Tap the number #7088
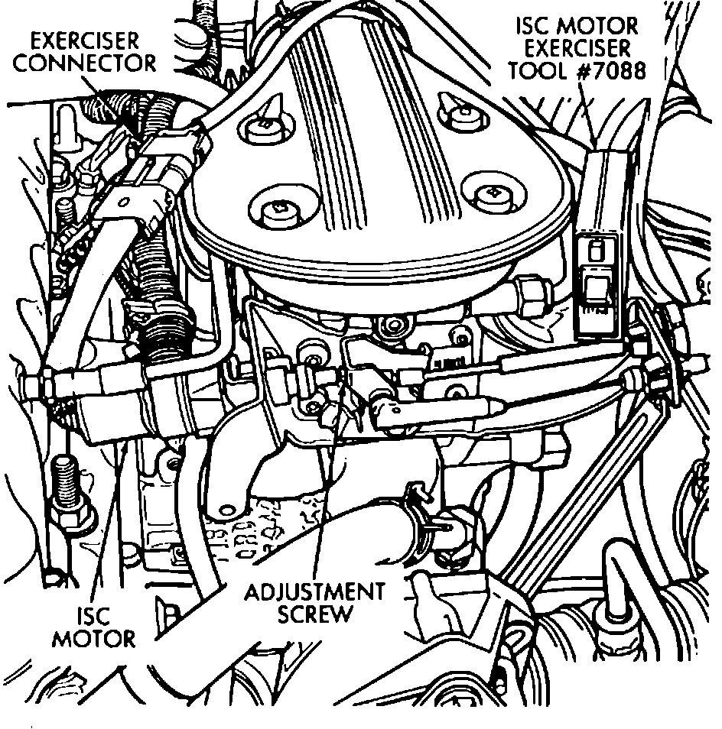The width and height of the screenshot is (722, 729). pos(613,71)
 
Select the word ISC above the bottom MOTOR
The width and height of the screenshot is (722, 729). pos(93,616)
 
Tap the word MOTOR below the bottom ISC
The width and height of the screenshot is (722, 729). pos(93,638)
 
